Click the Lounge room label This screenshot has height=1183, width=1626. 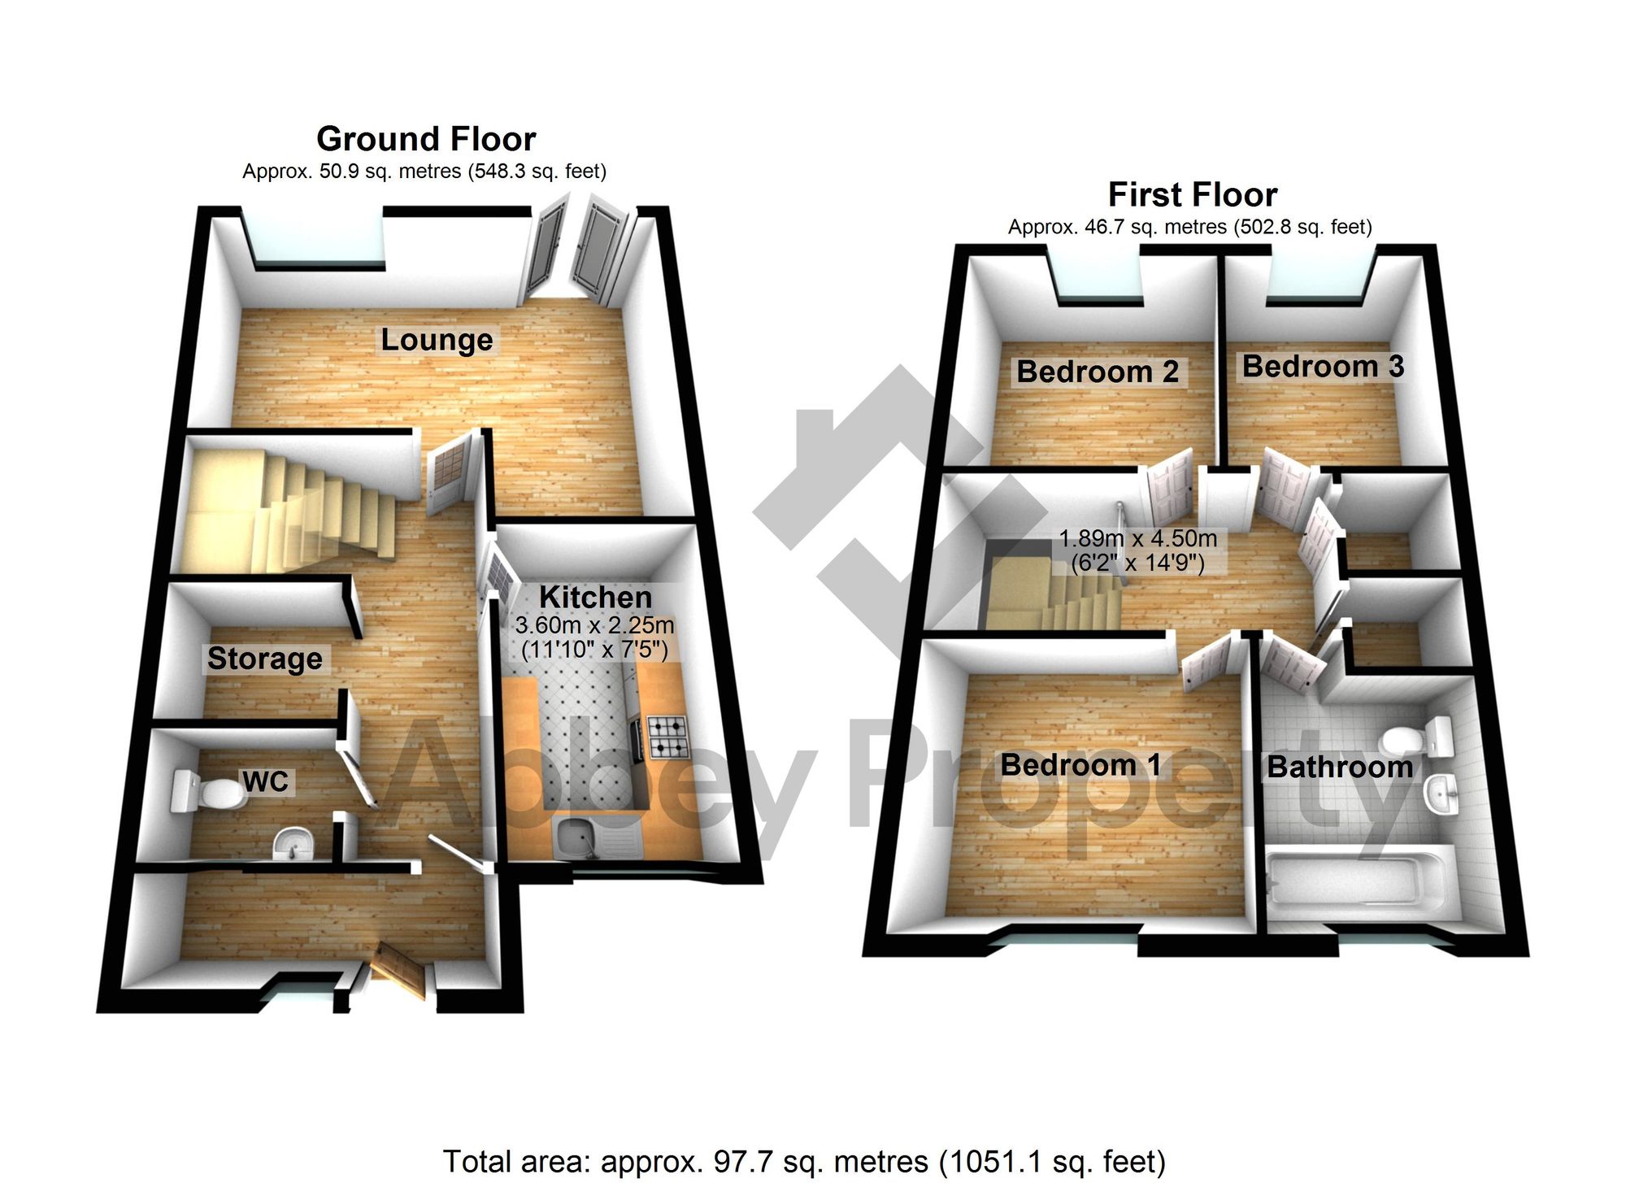click(437, 340)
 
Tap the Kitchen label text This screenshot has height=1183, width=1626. click(595, 598)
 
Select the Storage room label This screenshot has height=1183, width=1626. click(264, 659)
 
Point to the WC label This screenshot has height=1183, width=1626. click(266, 782)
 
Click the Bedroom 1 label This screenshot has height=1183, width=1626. click(1080, 765)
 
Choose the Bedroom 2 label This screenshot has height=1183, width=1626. click(1098, 372)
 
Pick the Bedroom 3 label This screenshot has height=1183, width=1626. click(1323, 367)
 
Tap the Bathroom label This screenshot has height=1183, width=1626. click(1340, 767)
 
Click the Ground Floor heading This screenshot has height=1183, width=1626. click(426, 139)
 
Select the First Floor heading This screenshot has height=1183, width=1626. click(1193, 195)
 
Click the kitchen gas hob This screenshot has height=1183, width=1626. click(667, 737)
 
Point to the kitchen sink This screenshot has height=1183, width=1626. click(577, 837)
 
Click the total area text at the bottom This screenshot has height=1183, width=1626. click(803, 1162)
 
